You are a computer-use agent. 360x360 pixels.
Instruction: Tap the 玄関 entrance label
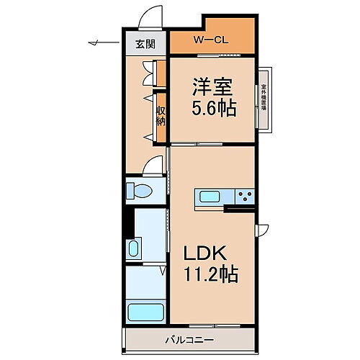coord(145,43)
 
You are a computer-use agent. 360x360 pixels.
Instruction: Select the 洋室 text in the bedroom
coord(209,86)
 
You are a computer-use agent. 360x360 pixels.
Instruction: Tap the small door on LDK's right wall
coord(261,228)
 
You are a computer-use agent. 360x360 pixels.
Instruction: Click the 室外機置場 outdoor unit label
coord(264,101)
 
